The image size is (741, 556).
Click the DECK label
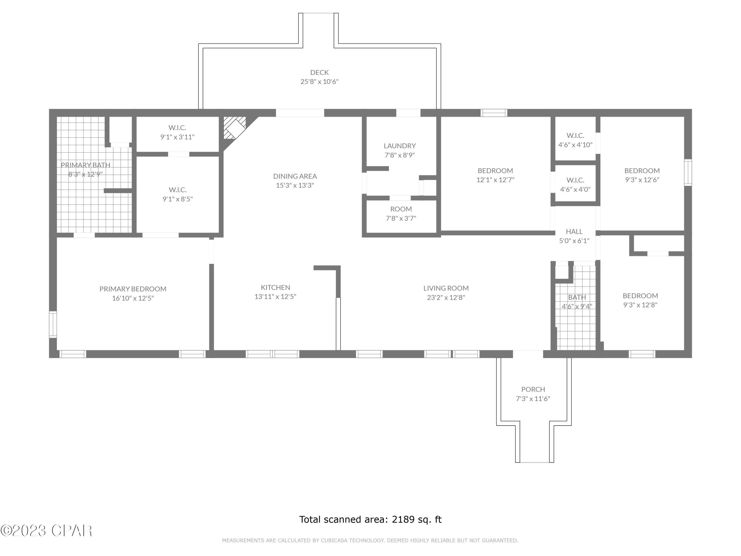pyautogui.click(x=319, y=72)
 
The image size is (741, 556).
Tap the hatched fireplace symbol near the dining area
pyautogui.click(x=234, y=128)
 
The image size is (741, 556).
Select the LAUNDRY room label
pyautogui.click(x=400, y=146)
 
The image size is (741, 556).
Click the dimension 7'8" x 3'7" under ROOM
pyautogui.click(x=401, y=218)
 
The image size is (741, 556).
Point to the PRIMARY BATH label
pyautogui.click(x=85, y=165)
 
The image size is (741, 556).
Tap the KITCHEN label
pyautogui.click(x=275, y=287)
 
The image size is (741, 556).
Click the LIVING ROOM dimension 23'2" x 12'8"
pyautogui.click(x=446, y=297)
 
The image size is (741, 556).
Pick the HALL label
pyautogui.click(x=574, y=231)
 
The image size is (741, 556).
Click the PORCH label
pyautogui.click(x=533, y=389)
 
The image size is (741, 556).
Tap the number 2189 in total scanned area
pyautogui.click(x=403, y=519)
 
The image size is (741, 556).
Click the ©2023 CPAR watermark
pyautogui.click(x=46, y=531)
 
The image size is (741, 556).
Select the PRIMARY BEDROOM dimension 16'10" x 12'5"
pyautogui.click(x=133, y=298)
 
